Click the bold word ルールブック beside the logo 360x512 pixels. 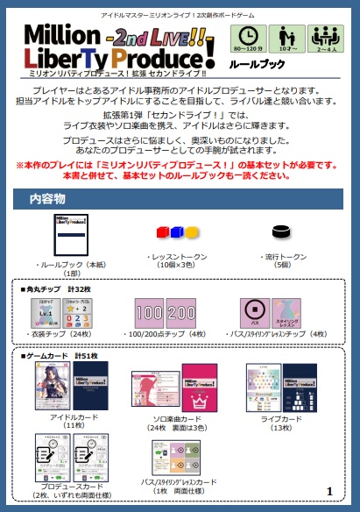(258, 64)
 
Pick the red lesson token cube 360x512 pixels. (162, 232)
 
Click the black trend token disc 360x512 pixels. (282, 232)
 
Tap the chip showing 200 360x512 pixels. (180, 312)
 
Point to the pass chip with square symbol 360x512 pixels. (253, 312)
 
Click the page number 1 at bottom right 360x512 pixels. (328, 491)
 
